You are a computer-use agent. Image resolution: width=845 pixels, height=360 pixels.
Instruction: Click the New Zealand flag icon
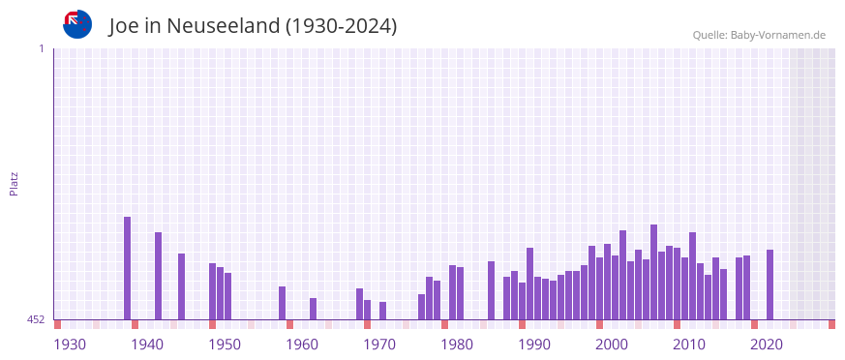pos(77,24)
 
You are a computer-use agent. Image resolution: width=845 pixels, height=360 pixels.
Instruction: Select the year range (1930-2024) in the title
pos(341,26)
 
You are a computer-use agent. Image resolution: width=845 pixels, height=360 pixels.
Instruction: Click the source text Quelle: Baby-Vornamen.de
pos(758,36)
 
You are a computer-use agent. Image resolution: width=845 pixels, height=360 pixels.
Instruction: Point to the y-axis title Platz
pos(14,184)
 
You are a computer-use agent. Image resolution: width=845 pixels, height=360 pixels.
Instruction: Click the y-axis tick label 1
pos(42,48)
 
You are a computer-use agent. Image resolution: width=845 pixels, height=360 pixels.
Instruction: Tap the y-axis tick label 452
pos(35,319)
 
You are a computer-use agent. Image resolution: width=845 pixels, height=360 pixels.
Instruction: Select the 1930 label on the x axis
pos(70,345)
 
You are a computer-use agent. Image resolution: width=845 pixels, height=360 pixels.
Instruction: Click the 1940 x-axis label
pos(147,345)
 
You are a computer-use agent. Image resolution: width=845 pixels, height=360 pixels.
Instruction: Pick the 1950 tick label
pos(225,345)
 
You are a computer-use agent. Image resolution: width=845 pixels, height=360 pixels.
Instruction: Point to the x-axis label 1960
pos(302,345)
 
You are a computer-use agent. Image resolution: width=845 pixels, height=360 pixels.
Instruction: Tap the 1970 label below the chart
pos(379,345)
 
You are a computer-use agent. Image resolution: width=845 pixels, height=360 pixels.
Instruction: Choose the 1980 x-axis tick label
pos(457,345)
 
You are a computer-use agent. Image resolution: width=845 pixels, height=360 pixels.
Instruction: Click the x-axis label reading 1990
pos(534,345)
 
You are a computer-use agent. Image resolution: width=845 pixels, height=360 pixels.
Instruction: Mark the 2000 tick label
pos(612,345)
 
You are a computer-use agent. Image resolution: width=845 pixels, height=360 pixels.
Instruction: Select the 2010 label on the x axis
pos(689,345)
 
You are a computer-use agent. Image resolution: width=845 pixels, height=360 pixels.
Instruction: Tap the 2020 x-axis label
pos(767,345)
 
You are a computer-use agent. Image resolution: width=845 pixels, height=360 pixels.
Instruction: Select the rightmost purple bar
pos(770,285)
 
